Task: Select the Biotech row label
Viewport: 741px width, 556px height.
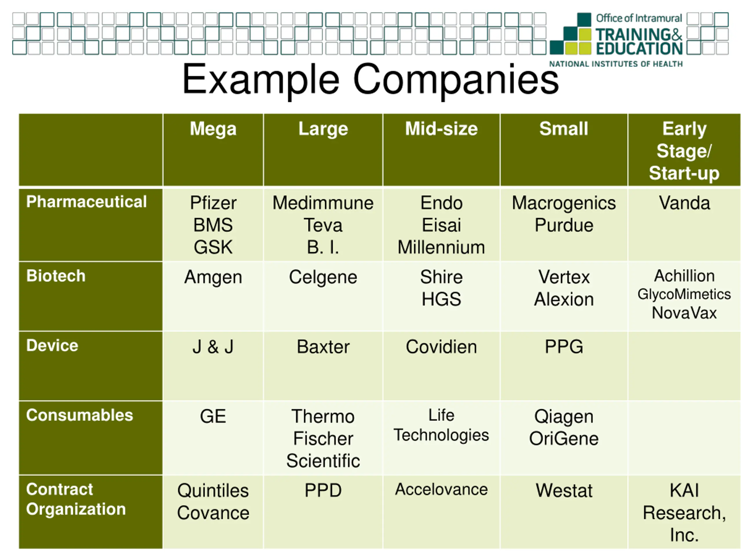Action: point(56,276)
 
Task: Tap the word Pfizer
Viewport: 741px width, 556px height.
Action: point(213,203)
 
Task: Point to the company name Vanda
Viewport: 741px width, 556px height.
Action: point(684,203)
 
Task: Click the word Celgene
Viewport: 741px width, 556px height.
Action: point(323,277)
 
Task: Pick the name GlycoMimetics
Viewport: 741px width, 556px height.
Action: point(684,294)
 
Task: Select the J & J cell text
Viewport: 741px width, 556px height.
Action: point(213,347)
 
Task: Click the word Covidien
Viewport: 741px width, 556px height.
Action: point(441,347)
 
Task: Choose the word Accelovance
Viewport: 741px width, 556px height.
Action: point(441,489)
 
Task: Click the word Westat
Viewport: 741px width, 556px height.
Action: point(564,491)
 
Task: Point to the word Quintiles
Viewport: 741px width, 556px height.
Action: point(213,491)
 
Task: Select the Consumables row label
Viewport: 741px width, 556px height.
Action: point(80,415)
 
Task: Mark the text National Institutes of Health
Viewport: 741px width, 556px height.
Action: point(616,64)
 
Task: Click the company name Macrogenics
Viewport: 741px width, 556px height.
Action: point(564,203)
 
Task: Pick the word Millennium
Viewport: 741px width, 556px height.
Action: point(441,247)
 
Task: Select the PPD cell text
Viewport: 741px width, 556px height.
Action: point(323,491)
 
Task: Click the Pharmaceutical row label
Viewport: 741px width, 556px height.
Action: point(87,202)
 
